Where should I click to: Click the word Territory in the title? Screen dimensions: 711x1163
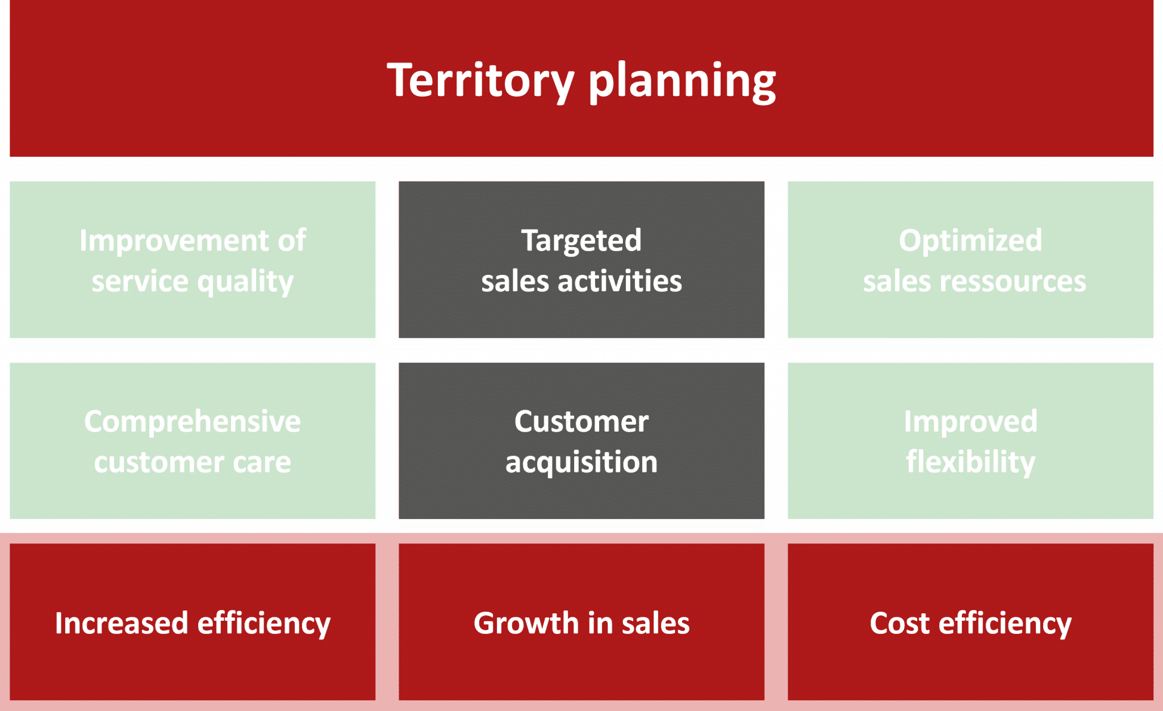click(480, 81)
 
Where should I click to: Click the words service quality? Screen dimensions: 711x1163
click(193, 281)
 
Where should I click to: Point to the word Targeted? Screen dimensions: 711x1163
click(581, 240)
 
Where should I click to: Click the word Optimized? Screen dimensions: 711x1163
click(970, 240)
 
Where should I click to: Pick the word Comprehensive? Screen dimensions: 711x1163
click(193, 421)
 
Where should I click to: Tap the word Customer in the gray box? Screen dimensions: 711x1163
click(581, 421)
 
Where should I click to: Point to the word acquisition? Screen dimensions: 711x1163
click(581, 462)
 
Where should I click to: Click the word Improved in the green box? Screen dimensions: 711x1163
click(970, 421)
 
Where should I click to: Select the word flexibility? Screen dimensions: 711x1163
click(970, 462)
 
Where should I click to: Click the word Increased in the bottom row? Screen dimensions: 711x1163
click(121, 623)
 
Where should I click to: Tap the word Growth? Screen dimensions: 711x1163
click(525, 623)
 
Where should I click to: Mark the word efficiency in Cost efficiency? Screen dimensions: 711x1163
click(1005, 623)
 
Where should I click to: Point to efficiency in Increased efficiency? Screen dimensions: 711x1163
click(263, 623)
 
